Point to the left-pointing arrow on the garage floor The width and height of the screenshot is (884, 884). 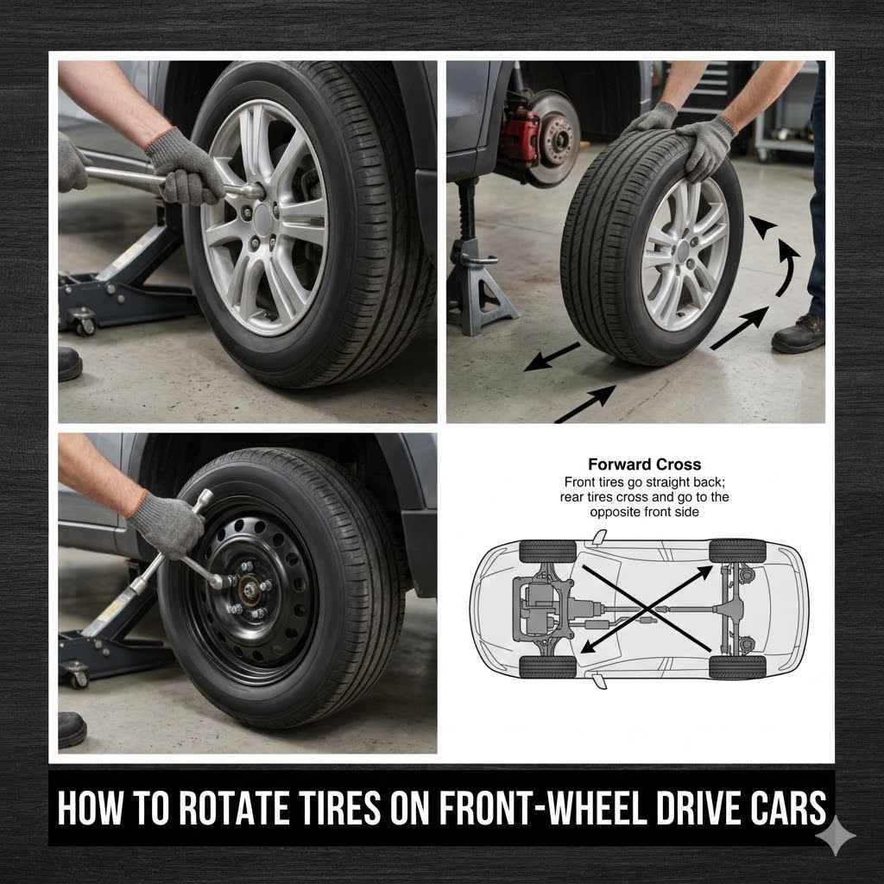pos(552,355)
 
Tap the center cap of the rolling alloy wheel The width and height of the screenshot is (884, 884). pos(684,251)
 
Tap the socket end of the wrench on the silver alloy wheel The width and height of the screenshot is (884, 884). pos(251,189)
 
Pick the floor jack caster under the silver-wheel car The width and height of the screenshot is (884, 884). pos(84,325)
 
